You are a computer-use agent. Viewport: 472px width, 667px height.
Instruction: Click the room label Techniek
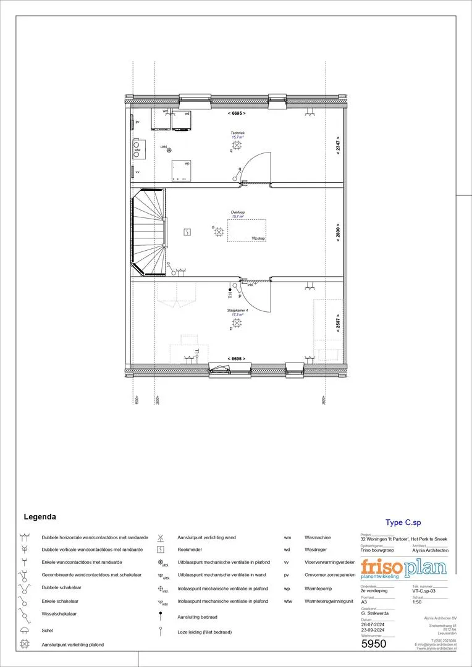[x=238, y=133]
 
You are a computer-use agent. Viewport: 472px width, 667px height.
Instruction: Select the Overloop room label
[x=238, y=212]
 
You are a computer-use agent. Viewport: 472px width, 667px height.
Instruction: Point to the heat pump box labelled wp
[x=181, y=170]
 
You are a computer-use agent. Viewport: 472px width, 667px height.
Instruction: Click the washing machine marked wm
[x=162, y=121]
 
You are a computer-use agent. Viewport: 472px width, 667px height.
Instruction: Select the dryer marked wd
[x=182, y=121]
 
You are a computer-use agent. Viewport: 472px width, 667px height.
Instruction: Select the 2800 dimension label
[x=338, y=232]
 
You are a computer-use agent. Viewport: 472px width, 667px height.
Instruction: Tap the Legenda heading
[x=40, y=516]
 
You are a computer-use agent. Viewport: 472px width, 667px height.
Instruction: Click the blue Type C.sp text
[x=403, y=522]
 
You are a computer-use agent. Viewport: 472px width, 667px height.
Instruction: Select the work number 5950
[x=374, y=644]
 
